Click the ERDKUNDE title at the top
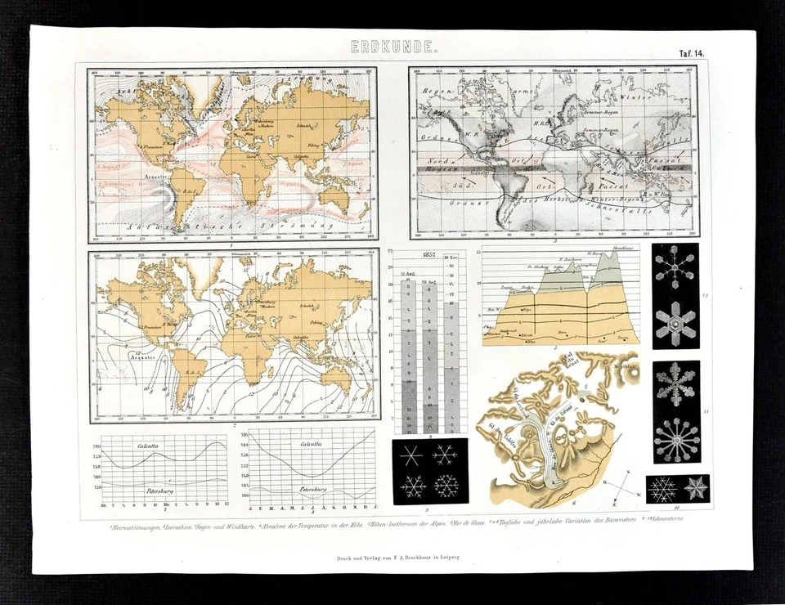click(394, 47)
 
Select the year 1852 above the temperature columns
click(428, 255)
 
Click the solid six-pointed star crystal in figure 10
click(697, 489)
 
